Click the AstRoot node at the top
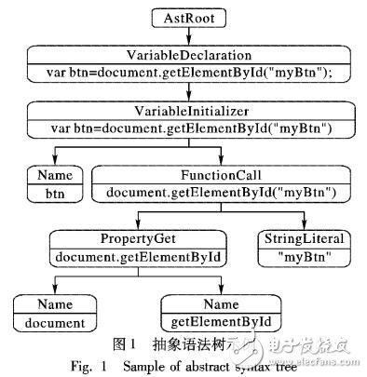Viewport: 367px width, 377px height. pos(183,16)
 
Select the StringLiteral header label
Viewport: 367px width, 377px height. pos(299,238)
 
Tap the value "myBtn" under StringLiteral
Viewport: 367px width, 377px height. pos(299,255)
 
